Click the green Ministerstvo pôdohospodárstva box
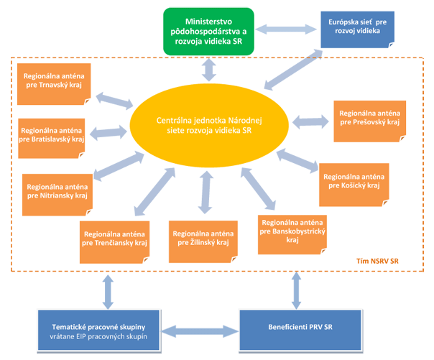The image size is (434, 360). (208, 32)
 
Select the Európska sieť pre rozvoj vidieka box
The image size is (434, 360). (357, 29)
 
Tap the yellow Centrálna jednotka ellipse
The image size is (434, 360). (209, 125)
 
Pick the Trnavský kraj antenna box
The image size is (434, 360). (54, 84)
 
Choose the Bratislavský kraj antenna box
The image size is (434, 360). (52, 139)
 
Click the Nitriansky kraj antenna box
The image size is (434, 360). (57, 195)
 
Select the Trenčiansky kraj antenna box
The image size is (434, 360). (114, 242)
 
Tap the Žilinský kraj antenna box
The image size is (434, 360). (203, 241)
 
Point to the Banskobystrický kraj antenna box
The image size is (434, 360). (292, 235)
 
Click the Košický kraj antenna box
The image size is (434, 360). (354, 185)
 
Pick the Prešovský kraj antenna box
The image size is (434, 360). (370, 121)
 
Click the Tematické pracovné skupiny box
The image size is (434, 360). (99, 331)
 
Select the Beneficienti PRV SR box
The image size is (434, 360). (300, 331)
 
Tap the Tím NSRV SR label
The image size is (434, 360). (377, 261)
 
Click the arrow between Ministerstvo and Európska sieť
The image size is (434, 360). (286, 29)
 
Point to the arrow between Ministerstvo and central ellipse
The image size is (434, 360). (209, 70)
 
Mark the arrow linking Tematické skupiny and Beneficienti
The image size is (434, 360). (200, 331)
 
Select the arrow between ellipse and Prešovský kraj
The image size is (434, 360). (310, 121)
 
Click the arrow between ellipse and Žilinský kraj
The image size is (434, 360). (206, 193)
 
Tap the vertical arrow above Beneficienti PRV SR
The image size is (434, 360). (297, 290)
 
